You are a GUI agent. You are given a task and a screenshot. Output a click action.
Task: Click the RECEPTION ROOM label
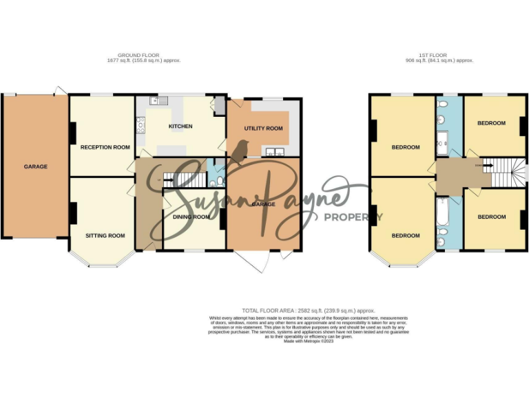tap(105, 147)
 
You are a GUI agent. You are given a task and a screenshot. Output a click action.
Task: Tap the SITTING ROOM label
tap(105, 235)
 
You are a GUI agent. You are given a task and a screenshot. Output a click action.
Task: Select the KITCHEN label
tap(180, 126)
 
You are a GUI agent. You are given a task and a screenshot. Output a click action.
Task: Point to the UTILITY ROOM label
tap(264, 129)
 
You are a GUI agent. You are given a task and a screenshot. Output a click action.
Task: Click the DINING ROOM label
tap(191, 217)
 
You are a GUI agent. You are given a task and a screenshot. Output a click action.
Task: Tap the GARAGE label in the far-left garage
tap(36, 166)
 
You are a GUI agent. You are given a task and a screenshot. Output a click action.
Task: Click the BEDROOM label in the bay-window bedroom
tap(406, 235)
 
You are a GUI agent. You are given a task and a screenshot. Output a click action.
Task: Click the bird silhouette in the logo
tap(241, 151)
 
